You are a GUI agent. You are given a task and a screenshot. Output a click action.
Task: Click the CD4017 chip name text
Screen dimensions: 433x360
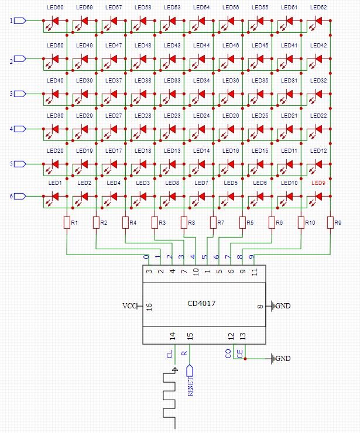click(x=201, y=304)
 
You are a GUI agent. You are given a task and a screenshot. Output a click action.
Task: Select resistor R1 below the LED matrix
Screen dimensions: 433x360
click(x=66, y=223)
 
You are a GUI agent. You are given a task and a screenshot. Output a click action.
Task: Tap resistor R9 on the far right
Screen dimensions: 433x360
click(x=330, y=223)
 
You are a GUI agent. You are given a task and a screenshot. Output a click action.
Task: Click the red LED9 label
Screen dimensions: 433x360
click(x=318, y=183)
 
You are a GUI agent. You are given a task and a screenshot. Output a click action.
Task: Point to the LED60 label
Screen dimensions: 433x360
click(x=55, y=8)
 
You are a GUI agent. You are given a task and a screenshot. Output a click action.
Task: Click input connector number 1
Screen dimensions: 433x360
click(x=19, y=21)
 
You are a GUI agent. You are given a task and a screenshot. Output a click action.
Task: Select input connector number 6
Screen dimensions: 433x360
click(x=19, y=197)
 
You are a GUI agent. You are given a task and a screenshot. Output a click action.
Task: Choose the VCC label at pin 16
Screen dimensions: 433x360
click(x=129, y=306)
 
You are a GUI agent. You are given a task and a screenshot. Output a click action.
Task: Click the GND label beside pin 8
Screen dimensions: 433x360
click(x=282, y=306)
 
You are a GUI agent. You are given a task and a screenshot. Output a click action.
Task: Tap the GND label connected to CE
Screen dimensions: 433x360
click(x=282, y=359)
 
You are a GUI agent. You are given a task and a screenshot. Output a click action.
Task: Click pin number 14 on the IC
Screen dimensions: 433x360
click(x=172, y=336)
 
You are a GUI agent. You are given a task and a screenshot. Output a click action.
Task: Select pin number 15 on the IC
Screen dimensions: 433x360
click(x=189, y=336)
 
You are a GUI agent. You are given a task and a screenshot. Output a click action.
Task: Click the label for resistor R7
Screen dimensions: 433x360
click(x=221, y=223)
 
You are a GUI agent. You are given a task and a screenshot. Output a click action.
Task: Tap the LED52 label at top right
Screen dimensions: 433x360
click(x=318, y=8)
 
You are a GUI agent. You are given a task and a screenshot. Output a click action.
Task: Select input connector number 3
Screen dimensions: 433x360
click(x=19, y=94)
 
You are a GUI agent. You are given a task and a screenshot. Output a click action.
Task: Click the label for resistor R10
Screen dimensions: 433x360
click(x=310, y=223)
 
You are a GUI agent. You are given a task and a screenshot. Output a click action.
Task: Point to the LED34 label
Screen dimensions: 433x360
click(x=201, y=80)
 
